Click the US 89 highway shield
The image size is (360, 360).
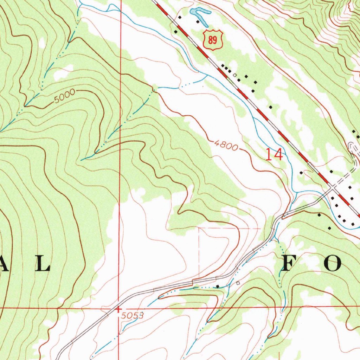213,39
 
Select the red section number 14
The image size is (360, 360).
274,155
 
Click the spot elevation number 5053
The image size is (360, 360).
133,316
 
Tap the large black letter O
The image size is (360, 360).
332,264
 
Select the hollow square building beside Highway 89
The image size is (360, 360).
234,75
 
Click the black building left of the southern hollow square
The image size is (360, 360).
217,287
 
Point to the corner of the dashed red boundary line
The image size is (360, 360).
199,229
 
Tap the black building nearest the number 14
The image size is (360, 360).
301,173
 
